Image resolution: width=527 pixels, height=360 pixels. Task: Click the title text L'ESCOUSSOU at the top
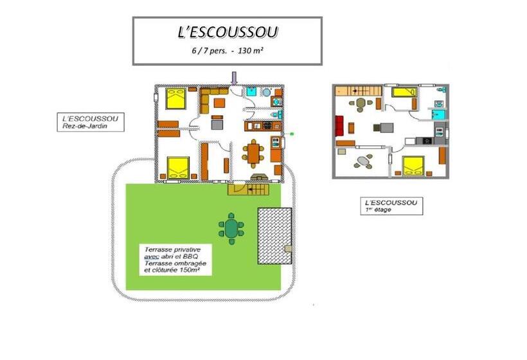[x=227, y=32]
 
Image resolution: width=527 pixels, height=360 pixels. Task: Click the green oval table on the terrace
[x=231, y=228]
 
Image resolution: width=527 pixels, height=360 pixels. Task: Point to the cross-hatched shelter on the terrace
[x=274, y=235]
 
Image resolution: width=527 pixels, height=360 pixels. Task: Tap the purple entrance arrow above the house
[x=235, y=77]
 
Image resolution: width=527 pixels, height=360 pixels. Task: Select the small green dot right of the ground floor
[x=292, y=134]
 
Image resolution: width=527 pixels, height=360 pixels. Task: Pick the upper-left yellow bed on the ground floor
[x=175, y=100]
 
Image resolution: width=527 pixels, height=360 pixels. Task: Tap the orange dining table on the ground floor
[x=253, y=153]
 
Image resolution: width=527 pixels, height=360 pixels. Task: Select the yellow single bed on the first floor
[x=403, y=93]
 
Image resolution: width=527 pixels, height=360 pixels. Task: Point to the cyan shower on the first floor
[x=440, y=114]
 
